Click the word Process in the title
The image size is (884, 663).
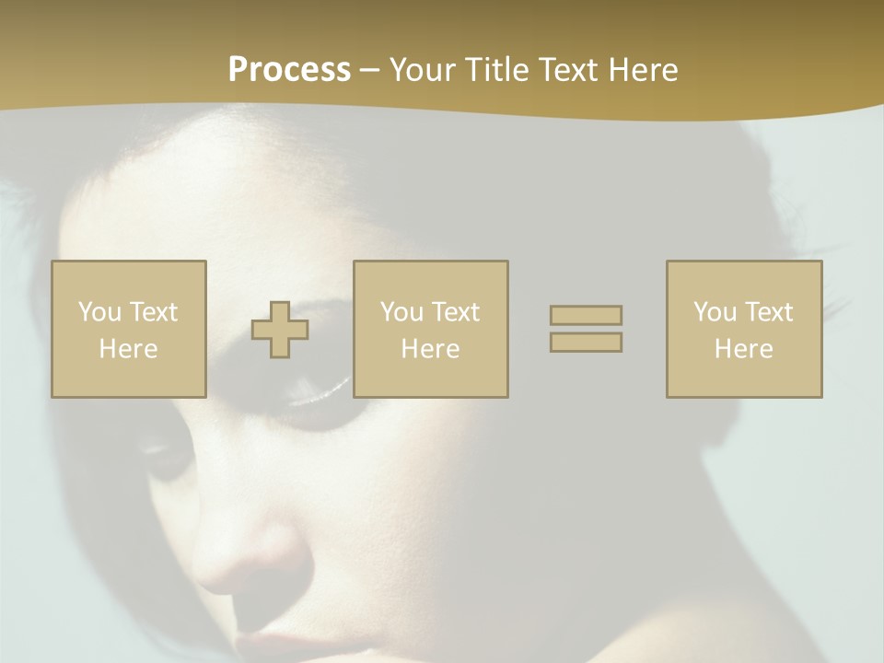click(x=289, y=70)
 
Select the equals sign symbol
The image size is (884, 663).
click(x=586, y=329)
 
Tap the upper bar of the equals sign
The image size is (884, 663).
click(x=586, y=315)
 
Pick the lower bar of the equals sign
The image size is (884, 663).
click(x=586, y=342)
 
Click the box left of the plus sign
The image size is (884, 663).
click(x=129, y=329)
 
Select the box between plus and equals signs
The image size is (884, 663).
click(x=430, y=329)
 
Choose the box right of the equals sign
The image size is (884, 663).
click(x=744, y=329)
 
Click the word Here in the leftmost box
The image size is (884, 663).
click(x=129, y=349)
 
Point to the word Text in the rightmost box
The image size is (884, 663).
click(x=768, y=312)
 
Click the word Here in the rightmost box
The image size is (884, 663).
click(x=744, y=349)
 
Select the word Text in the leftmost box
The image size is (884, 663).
click(x=152, y=312)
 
